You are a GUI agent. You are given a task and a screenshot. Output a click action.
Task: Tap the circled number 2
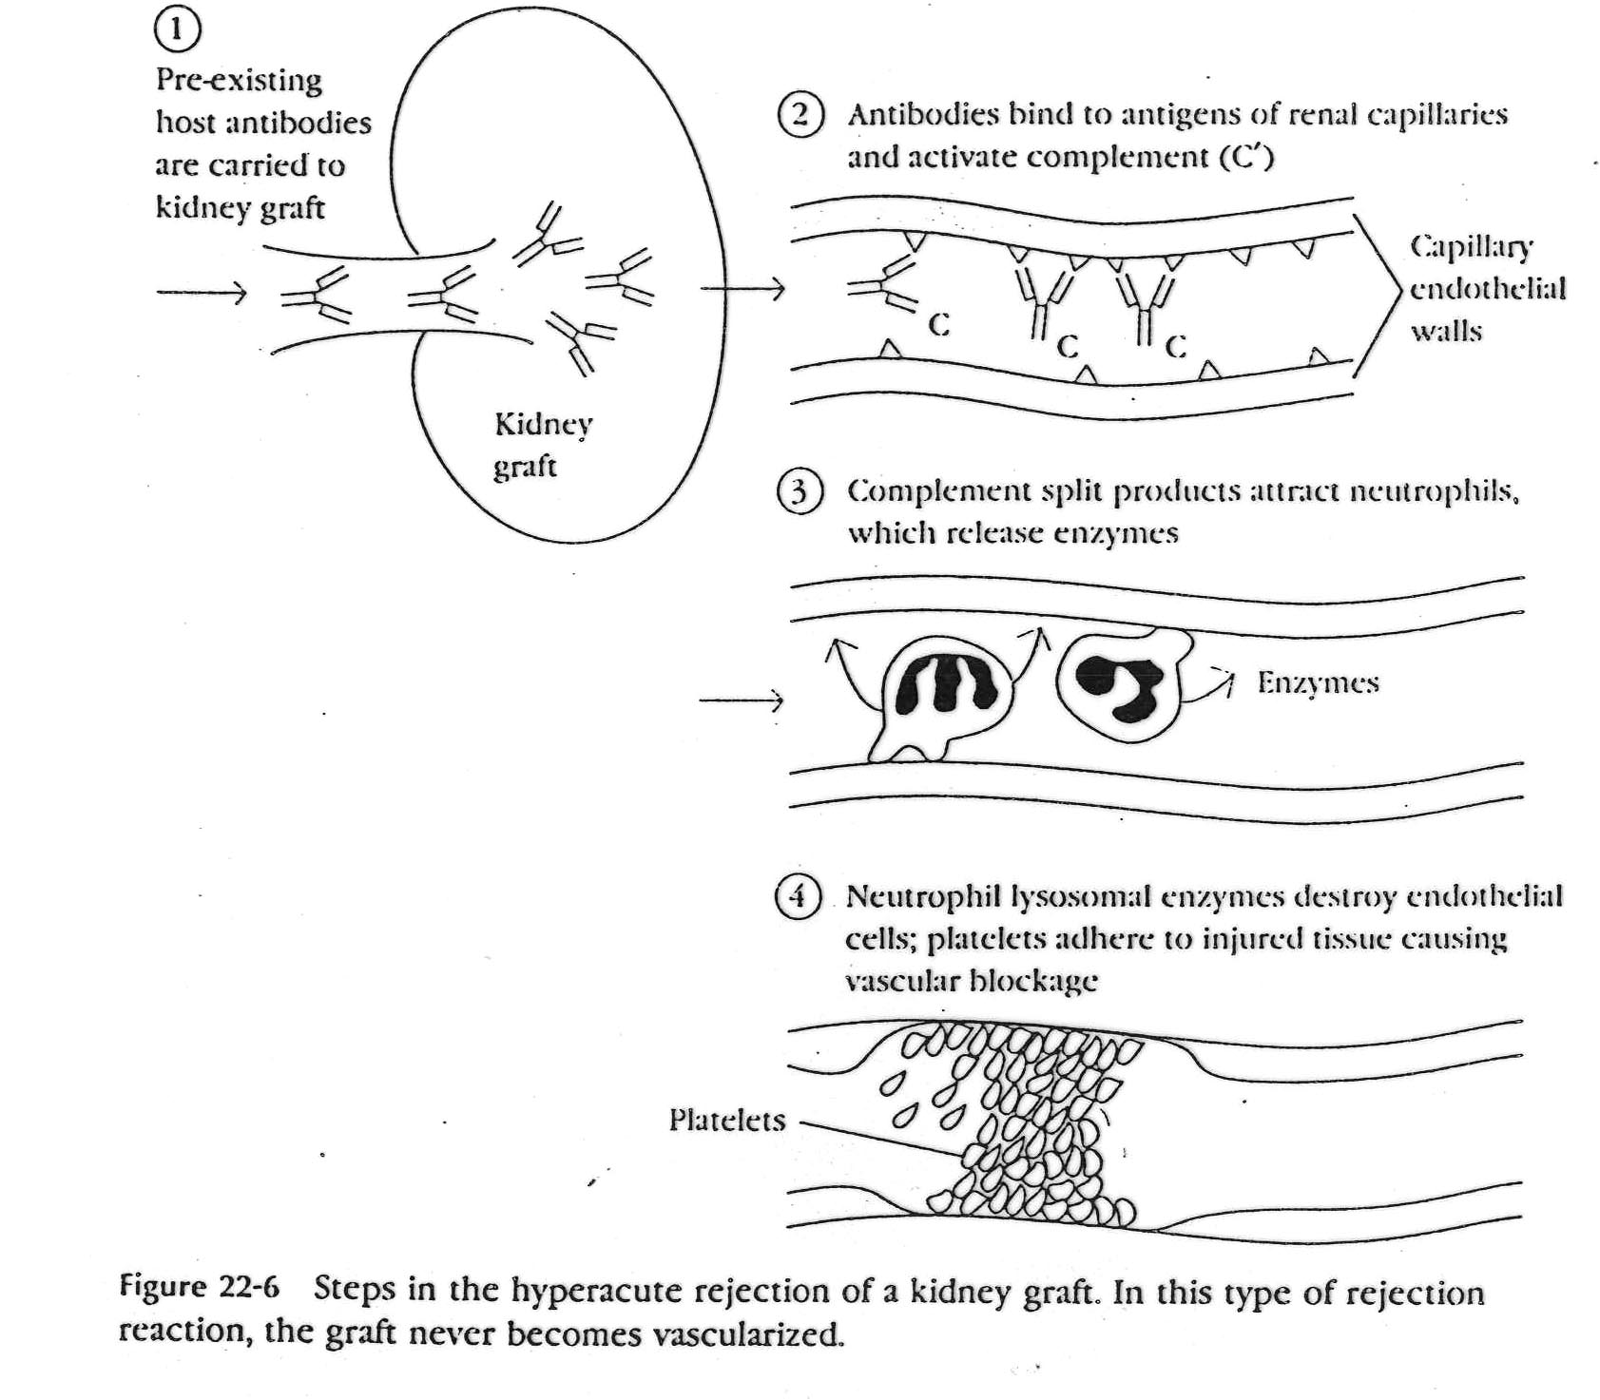[800, 116]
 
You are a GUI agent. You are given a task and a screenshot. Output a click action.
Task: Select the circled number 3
[798, 492]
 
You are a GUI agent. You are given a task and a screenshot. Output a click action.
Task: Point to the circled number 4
[797, 896]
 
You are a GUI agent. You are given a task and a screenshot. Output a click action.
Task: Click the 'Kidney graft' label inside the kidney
[542, 444]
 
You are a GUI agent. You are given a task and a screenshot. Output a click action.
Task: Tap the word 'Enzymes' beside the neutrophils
[1318, 683]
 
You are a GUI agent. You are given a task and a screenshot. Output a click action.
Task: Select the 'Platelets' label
[727, 1121]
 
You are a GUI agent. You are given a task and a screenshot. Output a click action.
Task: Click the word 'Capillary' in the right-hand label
[1471, 247]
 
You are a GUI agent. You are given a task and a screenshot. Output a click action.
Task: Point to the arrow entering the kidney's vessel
[202, 293]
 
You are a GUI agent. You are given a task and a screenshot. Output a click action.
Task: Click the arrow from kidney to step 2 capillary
[742, 289]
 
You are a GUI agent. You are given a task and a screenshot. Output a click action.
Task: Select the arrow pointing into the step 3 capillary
[741, 701]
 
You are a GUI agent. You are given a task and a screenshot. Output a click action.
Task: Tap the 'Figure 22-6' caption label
[200, 1288]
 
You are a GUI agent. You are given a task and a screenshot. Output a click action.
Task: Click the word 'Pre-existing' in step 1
[239, 80]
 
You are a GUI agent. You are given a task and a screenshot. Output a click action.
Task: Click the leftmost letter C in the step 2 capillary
[938, 326]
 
